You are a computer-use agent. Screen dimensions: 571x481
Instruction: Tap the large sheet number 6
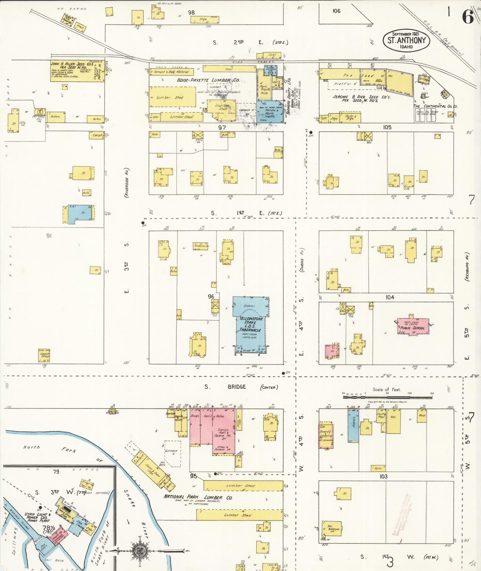click(468, 17)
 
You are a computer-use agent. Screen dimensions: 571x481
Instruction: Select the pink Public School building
click(413, 327)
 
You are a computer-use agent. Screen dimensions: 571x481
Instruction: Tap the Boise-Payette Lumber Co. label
click(208, 80)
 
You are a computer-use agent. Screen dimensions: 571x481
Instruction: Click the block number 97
click(222, 128)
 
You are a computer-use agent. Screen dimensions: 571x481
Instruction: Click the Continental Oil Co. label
click(435, 106)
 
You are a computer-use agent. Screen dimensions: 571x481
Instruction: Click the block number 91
click(49, 236)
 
